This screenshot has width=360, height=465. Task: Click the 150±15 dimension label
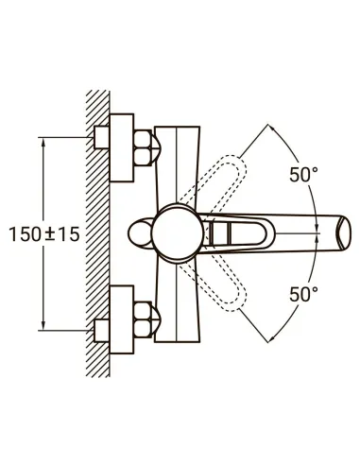[x=44, y=234]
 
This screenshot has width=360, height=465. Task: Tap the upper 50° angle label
[x=303, y=175]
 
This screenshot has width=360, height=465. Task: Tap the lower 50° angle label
[x=303, y=295]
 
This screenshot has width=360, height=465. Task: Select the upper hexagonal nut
[x=143, y=147]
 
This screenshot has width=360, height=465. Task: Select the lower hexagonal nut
[x=143, y=319]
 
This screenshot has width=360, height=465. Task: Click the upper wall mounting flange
[x=122, y=147]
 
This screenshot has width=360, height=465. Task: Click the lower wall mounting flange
[x=122, y=319]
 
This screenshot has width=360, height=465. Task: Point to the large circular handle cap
[x=177, y=232]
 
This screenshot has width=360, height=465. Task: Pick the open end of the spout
[x=343, y=232]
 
